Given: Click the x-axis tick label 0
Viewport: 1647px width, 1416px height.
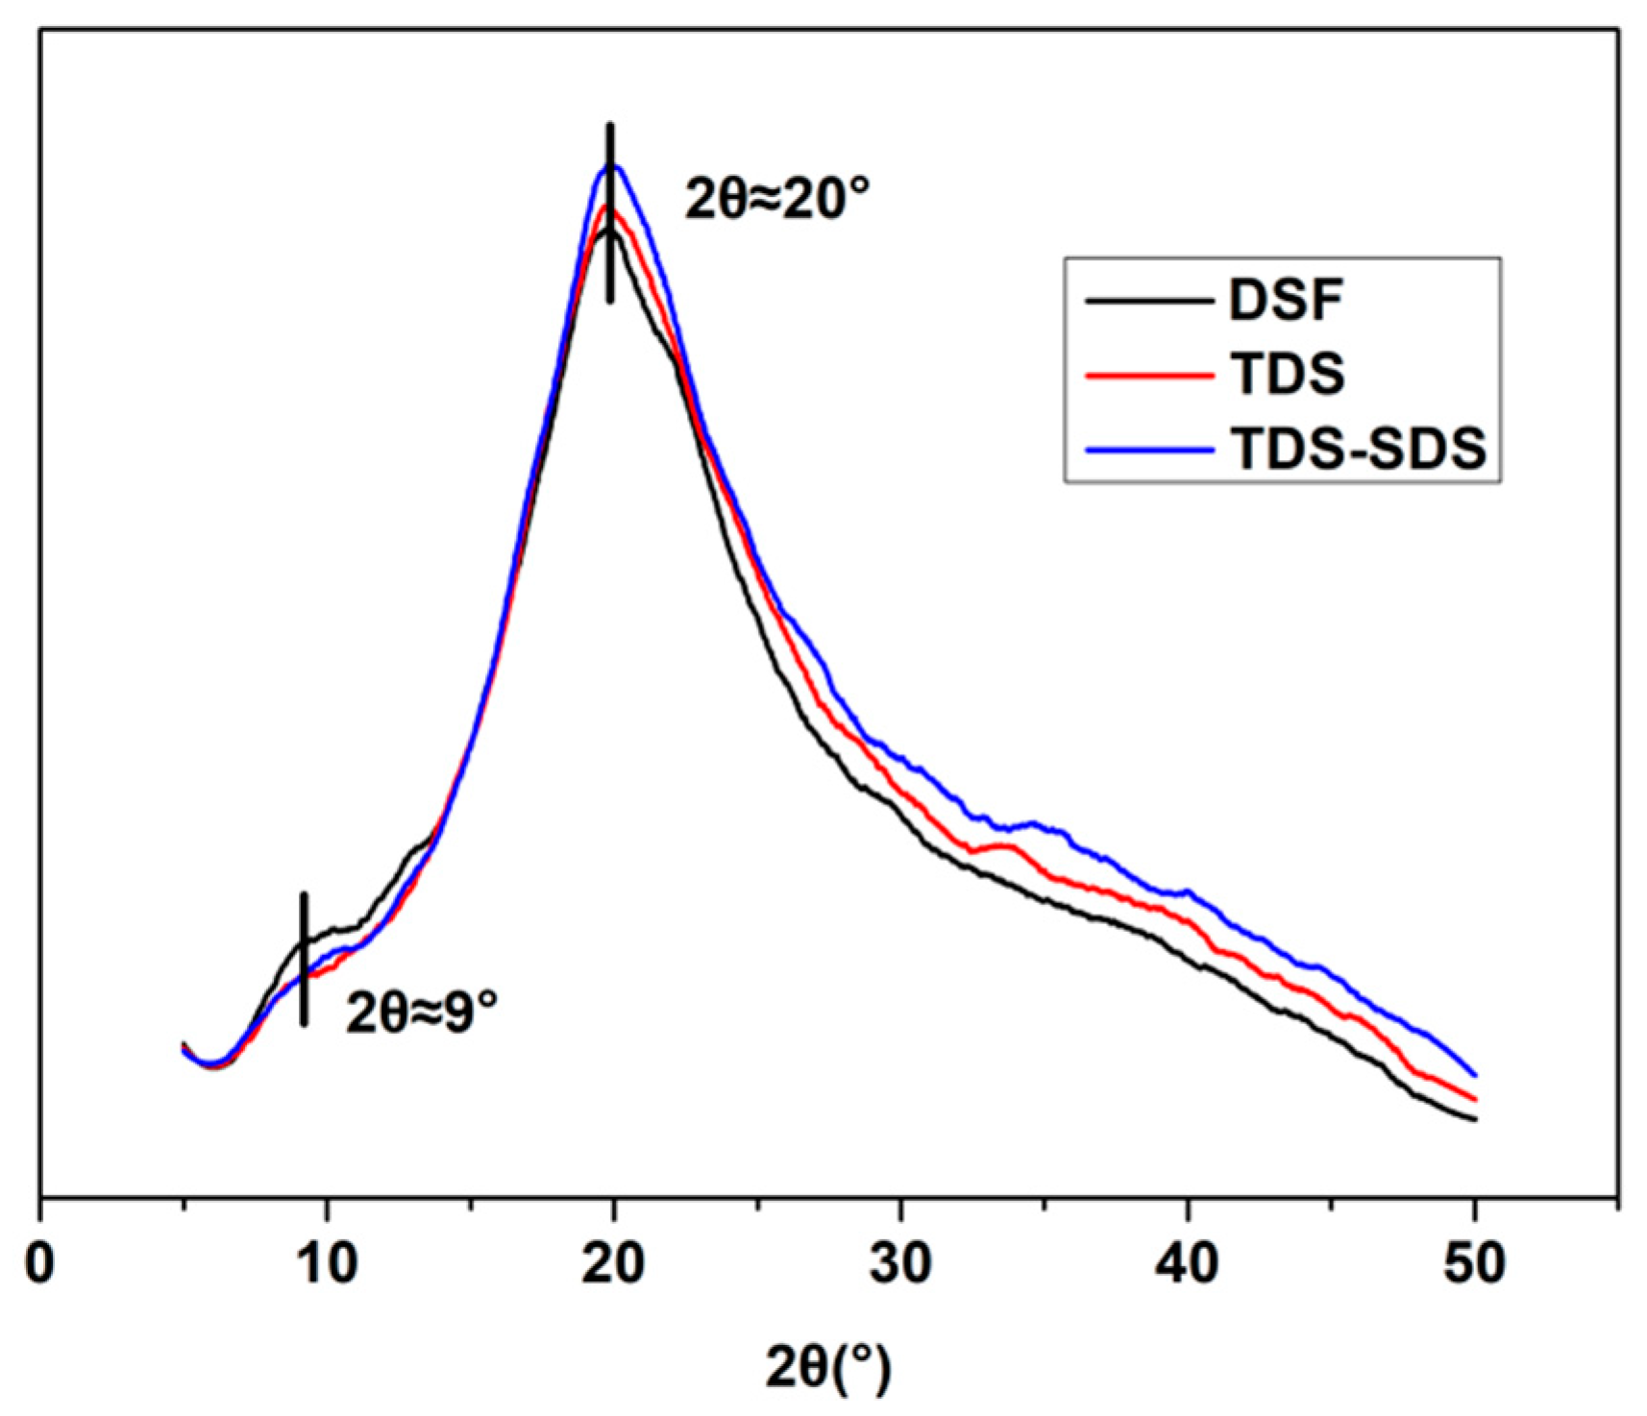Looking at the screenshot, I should point(40,1264).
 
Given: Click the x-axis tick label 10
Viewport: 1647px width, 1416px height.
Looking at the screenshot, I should point(328,1264).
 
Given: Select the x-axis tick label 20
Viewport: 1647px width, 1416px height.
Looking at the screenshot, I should point(613,1264).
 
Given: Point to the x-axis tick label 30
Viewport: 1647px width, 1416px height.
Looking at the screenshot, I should point(900,1264).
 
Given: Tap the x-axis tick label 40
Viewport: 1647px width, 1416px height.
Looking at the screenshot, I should point(1188,1264).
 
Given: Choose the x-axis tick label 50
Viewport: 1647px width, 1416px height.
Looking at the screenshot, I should point(1474,1264).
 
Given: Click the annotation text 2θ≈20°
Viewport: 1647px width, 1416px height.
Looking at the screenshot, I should point(776,200).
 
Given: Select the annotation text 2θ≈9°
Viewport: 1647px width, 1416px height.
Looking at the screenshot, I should point(422,1012).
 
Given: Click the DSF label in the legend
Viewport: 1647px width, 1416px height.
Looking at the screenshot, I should point(1286,301).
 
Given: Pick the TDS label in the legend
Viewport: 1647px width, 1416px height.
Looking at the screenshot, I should point(1288,375).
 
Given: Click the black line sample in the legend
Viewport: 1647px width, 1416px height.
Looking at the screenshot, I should point(1148,302).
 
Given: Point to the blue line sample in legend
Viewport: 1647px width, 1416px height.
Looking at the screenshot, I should point(1148,449).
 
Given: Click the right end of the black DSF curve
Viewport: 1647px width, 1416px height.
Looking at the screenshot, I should point(1473,1119).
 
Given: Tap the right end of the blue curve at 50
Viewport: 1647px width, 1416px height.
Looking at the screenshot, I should point(1473,1075).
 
